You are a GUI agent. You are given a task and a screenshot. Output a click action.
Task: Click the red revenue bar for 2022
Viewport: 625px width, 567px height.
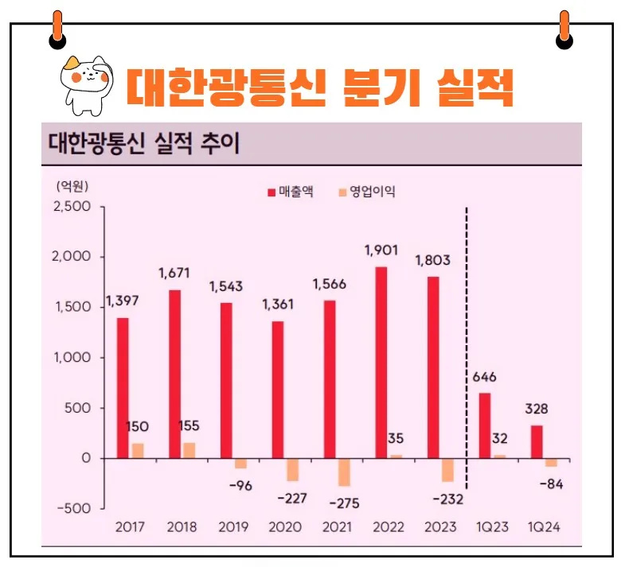pos(381,363)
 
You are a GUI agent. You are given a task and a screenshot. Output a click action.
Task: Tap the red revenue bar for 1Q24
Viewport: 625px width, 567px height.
pos(537,441)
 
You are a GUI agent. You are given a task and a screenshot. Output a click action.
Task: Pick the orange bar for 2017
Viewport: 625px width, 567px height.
pos(137,450)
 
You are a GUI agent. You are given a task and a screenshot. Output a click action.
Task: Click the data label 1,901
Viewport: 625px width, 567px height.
pos(381,251)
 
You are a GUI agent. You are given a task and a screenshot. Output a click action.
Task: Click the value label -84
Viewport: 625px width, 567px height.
pos(550,484)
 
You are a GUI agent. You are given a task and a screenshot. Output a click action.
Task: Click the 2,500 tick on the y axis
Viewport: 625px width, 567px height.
pos(74,207)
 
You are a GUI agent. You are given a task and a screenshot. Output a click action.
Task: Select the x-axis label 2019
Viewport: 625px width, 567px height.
pos(232,527)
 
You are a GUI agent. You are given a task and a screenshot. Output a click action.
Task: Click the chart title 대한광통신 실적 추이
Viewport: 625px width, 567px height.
pos(143,145)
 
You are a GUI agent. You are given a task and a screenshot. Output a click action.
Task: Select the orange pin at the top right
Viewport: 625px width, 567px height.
pos(564,29)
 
